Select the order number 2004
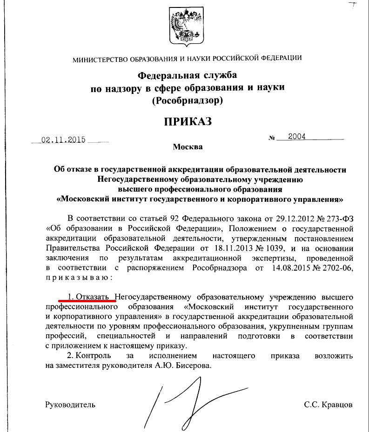click(297, 137)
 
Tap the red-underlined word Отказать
click(94, 296)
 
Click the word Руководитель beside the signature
click(70, 404)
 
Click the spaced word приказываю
click(78, 278)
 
